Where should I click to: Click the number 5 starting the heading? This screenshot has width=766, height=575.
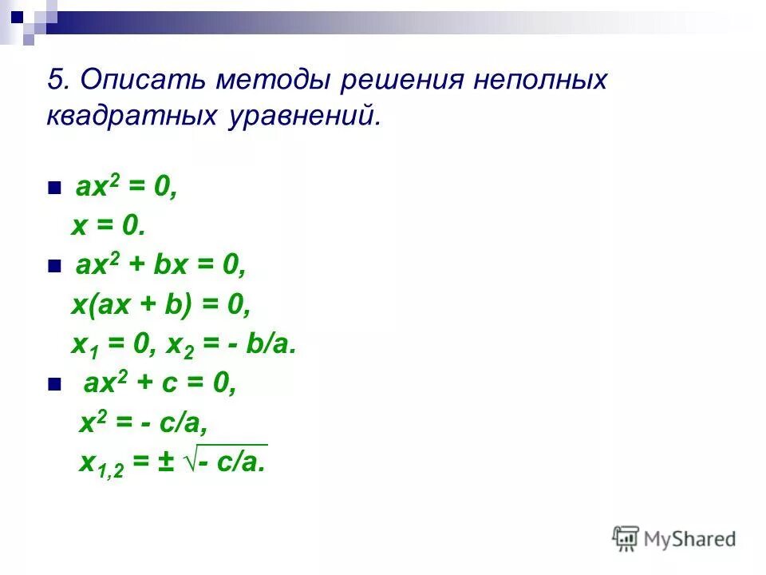(56, 81)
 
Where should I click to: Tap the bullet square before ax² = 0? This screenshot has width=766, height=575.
(54, 189)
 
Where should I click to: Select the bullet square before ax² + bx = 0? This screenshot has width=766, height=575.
(54, 267)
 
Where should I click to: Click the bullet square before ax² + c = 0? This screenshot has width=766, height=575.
(54, 385)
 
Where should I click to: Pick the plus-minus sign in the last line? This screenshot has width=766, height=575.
(165, 463)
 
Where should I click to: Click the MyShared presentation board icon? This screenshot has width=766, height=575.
(626, 539)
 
